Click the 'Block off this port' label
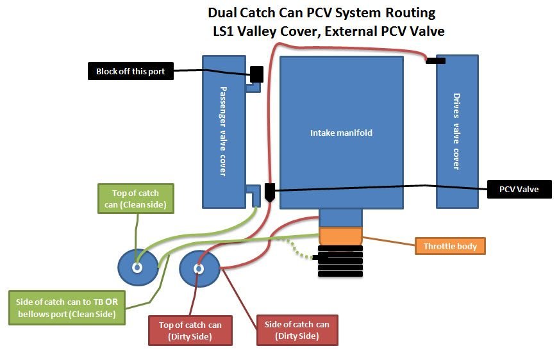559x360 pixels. pos(131,71)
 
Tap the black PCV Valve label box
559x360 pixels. pos(519,189)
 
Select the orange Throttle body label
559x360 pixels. pos(449,246)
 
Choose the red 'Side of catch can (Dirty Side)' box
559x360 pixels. pos(296,329)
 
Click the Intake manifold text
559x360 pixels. pos(341,133)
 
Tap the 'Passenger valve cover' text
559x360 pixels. pos(224,131)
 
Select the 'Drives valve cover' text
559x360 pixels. pos(456,132)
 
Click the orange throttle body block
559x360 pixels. pos(341,236)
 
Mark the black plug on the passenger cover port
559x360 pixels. pos(257,74)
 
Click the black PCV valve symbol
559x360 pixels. pos(270,192)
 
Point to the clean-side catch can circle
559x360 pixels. pos(137,267)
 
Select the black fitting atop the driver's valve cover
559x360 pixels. pos(436,61)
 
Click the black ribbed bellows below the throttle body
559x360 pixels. pos(340,261)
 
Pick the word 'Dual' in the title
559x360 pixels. pos(225,13)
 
